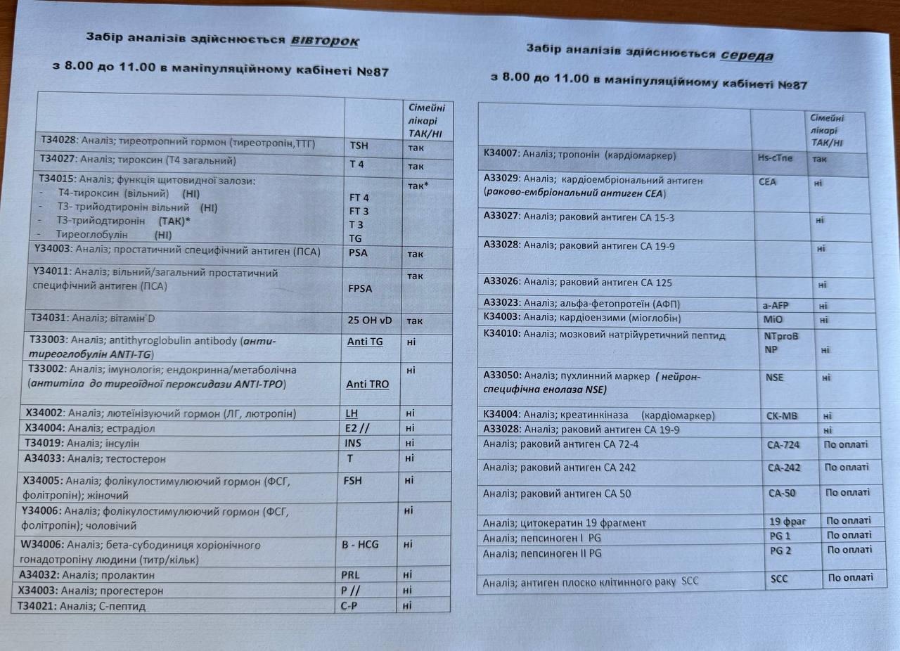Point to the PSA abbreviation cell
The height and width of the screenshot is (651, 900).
[x=359, y=254]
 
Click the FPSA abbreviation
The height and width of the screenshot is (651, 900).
[x=361, y=288]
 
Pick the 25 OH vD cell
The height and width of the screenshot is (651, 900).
[x=370, y=321]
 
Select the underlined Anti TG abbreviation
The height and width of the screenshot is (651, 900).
[x=365, y=342]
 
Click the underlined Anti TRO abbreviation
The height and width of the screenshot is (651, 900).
[x=368, y=385]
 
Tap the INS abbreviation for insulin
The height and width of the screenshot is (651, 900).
[x=353, y=443]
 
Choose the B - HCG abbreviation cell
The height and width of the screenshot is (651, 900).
[x=361, y=545]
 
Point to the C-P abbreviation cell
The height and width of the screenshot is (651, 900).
[x=349, y=606]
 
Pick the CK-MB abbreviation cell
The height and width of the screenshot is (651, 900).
[x=782, y=415]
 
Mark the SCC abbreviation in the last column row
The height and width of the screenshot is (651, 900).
[x=779, y=579]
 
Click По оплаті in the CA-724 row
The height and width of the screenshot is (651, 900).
[x=846, y=444]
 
